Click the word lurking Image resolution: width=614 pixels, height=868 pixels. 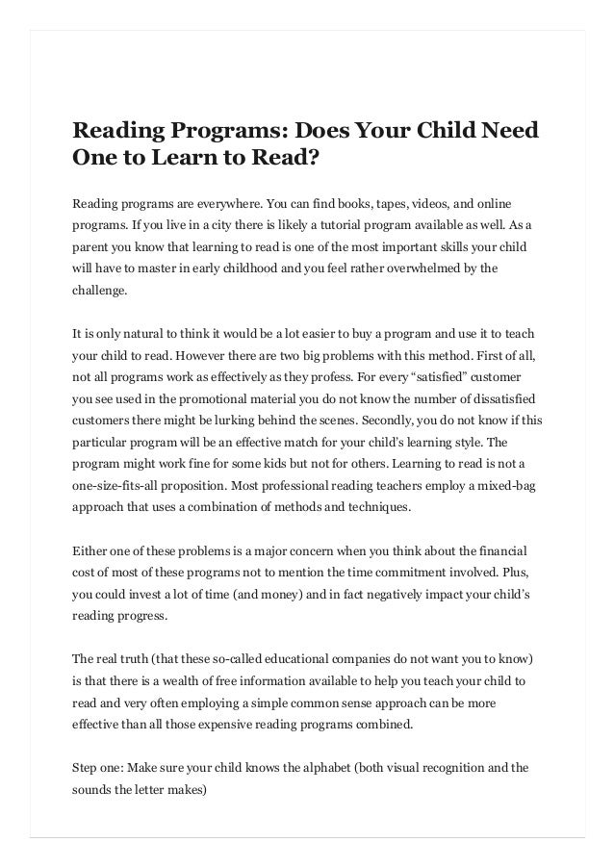(x=250, y=421)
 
